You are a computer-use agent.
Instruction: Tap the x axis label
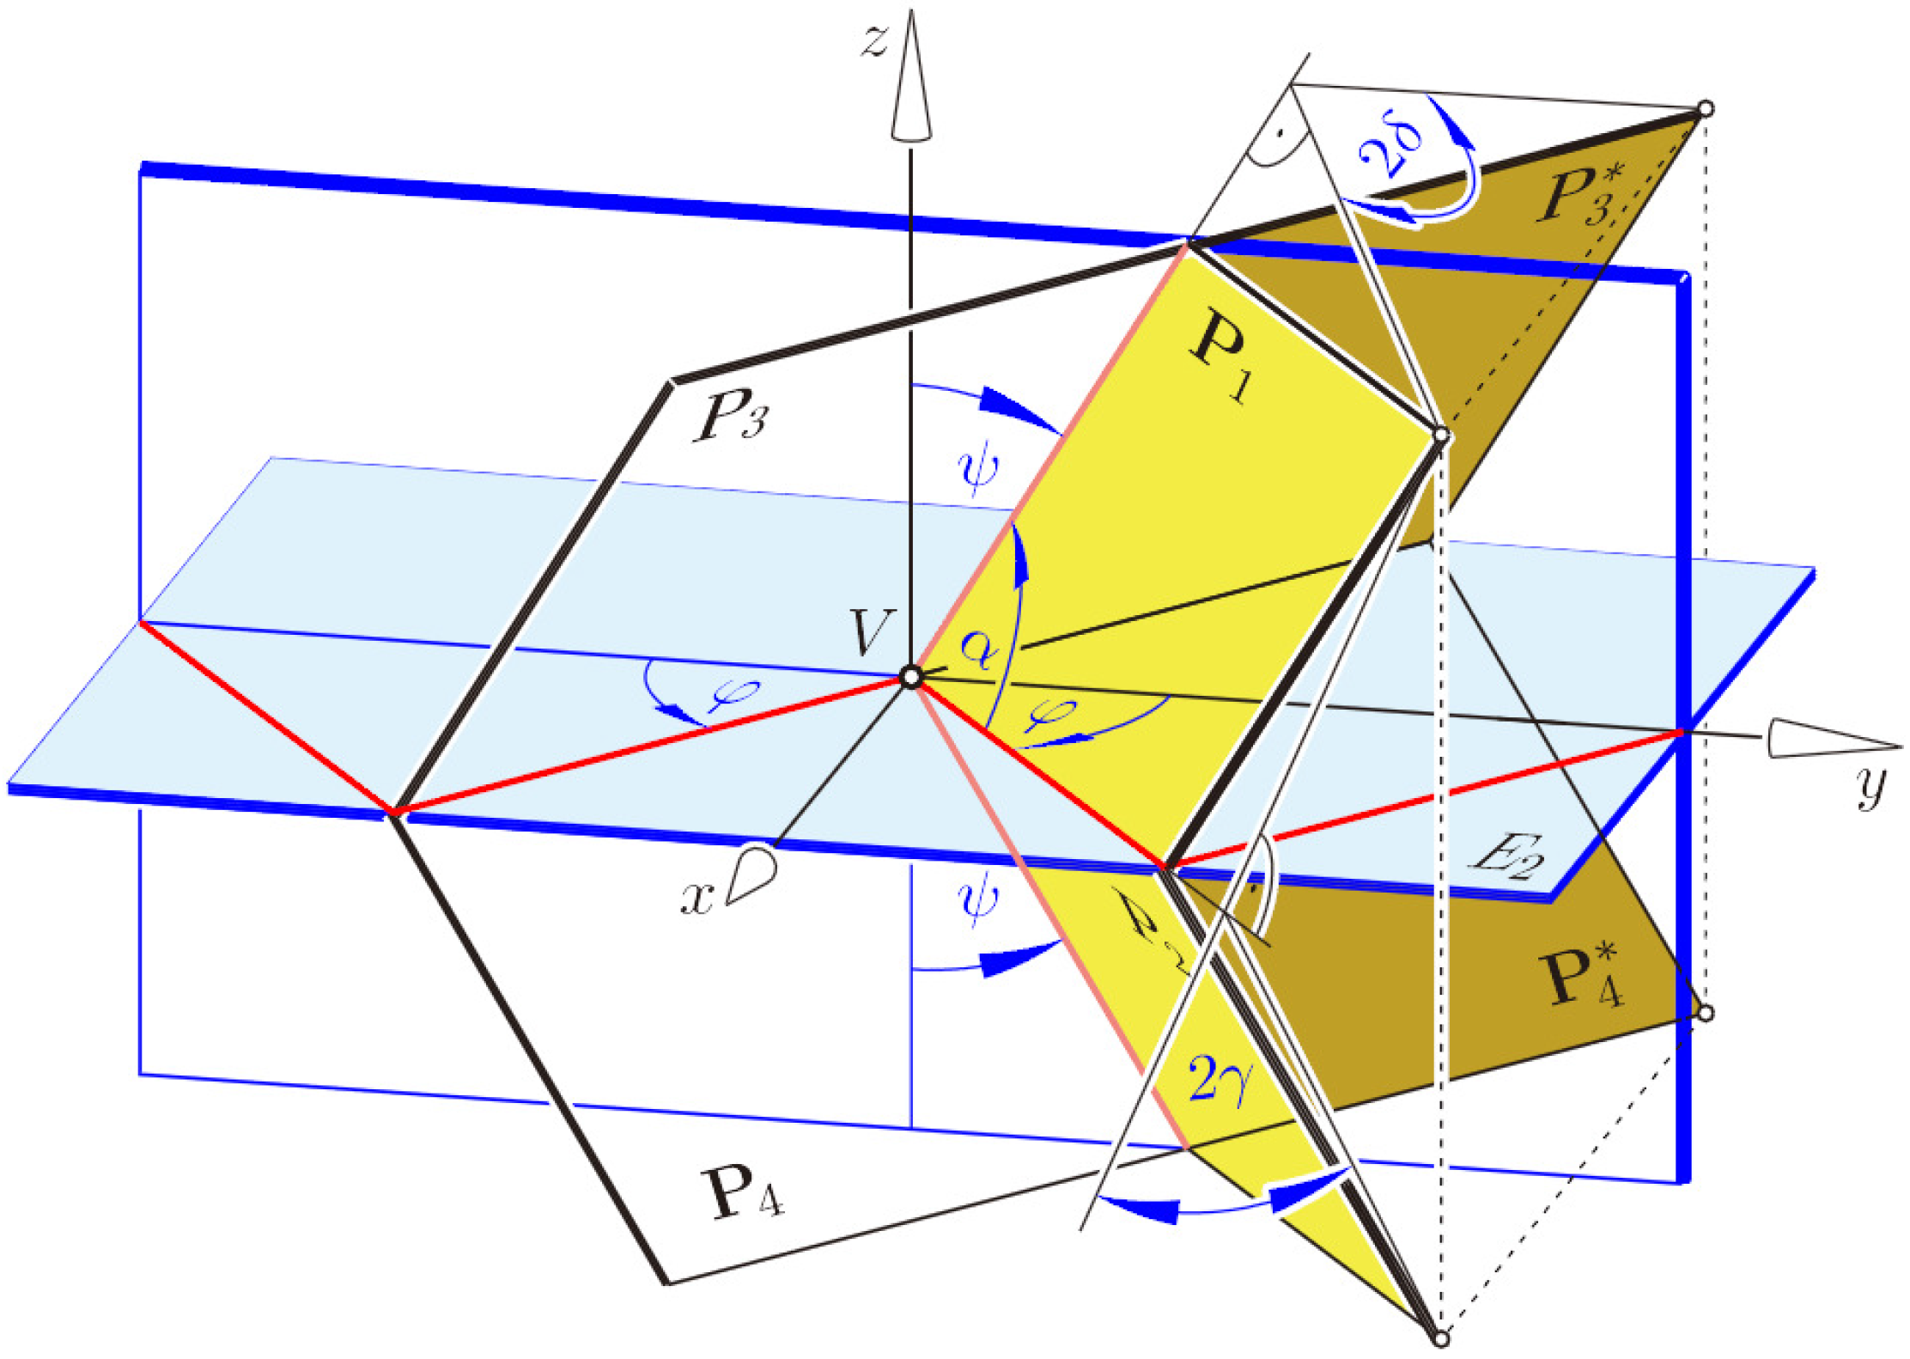click(x=697, y=899)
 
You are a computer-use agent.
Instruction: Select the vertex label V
click(x=870, y=633)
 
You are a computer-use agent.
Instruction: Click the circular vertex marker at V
click(x=911, y=678)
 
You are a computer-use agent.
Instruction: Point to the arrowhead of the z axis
click(x=910, y=77)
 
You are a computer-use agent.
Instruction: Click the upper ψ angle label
click(x=978, y=472)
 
